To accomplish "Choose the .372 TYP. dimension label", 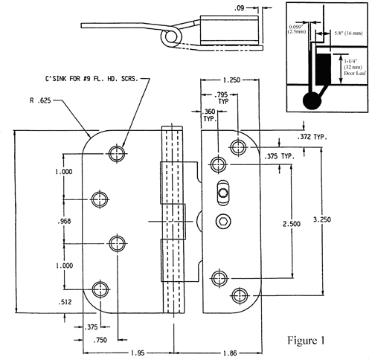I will click(x=319, y=138).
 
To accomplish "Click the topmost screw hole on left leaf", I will click(x=115, y=154).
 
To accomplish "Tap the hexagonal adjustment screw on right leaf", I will click(x=223, y=222).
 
